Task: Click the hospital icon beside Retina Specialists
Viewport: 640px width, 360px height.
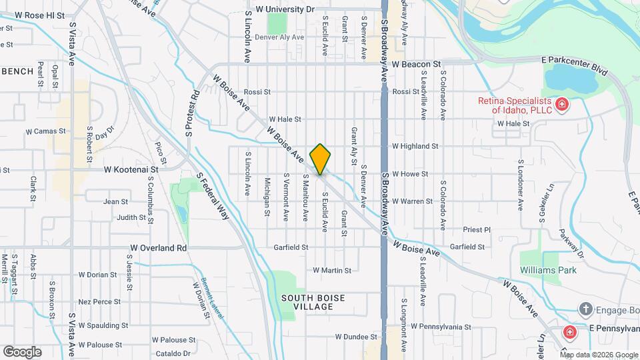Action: pos(562,105)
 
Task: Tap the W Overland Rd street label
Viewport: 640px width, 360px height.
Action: pos(159,247)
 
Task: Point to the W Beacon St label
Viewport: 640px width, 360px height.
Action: pos(417,65)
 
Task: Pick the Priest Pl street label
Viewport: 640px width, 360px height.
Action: pos(477,229)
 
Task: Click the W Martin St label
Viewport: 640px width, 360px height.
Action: pos(332,270)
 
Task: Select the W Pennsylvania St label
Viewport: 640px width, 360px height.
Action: pos(441,327)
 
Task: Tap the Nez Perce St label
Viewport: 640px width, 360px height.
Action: pos(99,301)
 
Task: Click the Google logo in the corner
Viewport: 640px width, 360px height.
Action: pos(22,351)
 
